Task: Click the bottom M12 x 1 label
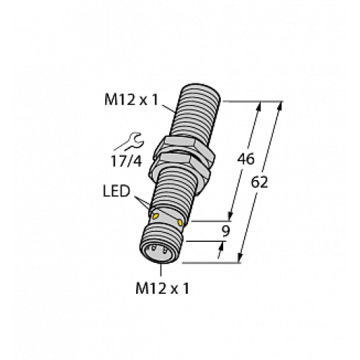click(x=166, y=289)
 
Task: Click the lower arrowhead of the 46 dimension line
click(x=231, y=216)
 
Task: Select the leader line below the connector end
click(x=160, y=270)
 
